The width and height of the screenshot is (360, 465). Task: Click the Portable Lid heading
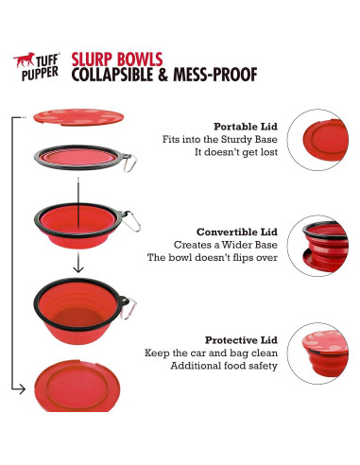(x=246, y=126)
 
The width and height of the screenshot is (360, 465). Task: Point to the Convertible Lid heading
(x=237, y=232)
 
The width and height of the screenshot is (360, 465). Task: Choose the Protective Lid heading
(x=242, y=338)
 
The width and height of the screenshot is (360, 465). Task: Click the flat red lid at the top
(x=81, y=116)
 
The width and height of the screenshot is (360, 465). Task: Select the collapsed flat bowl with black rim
(x=81, y=155)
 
